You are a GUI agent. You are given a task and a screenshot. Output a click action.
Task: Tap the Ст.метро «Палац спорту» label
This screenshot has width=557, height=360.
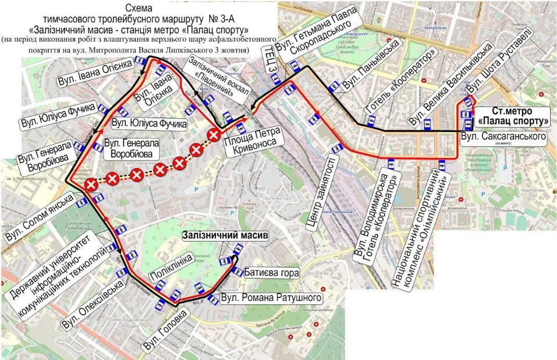click(x=513, y=116)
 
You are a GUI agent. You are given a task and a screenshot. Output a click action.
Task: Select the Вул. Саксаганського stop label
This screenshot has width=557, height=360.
click(x=504, y=137)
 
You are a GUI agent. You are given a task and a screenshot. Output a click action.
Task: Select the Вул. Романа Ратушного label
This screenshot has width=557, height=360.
click(x=272, y=298)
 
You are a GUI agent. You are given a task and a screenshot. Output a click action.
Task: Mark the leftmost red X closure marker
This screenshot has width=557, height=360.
click(x=91, y=185)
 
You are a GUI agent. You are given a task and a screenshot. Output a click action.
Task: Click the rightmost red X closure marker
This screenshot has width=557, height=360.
click(x=214, y=135)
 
